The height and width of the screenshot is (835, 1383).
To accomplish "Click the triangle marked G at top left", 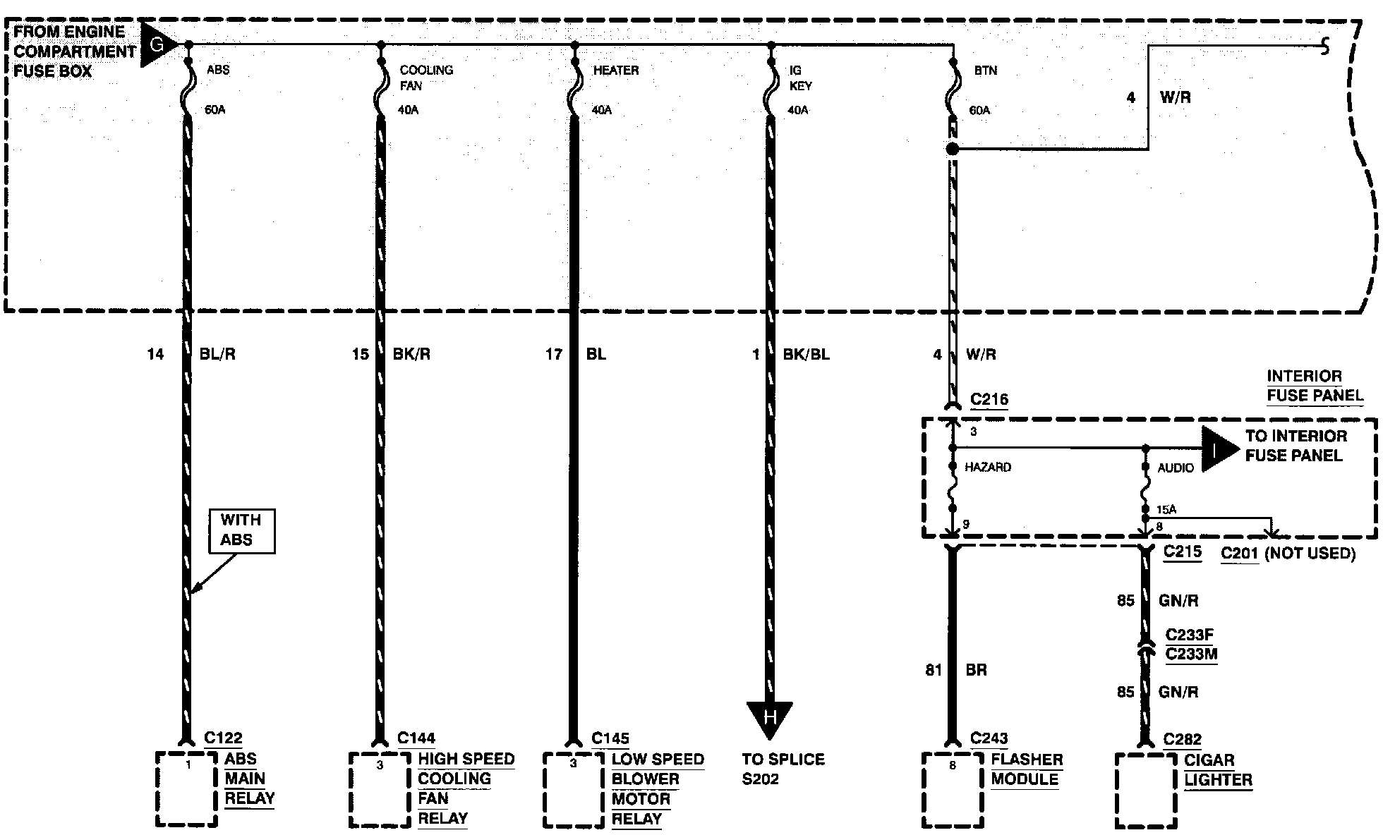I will tap(157, 44).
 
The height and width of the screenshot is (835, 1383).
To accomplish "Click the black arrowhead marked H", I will tap(770, 719).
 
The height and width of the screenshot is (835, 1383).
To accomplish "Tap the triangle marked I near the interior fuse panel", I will tap(1218, 448).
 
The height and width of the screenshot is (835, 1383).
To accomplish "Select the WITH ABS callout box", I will tap(241, 530).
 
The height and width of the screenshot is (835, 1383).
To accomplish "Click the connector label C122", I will tap(223, 738).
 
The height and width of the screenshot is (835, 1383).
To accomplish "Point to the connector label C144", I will tap(416, 738).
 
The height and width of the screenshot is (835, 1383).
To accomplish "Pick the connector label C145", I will tap(610, 738).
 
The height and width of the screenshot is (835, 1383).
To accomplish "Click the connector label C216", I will tap(989, 399).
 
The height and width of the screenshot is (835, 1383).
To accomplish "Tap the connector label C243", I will tap(989, 738).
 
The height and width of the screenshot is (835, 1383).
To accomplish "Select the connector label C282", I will tap(1183, 739).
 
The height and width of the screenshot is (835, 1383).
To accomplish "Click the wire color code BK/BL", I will tap(806, 354).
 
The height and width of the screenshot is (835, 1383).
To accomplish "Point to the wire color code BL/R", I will tap(217, 354).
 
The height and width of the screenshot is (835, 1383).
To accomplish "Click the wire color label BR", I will tap(976, 670).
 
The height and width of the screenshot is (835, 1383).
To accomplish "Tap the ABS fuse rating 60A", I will tap(215, 110).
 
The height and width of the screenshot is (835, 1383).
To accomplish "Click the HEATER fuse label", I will tap(615, 71).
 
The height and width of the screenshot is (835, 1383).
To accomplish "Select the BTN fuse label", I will tap(986, 71).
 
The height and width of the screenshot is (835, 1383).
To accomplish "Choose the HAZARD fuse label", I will tap(988, 467).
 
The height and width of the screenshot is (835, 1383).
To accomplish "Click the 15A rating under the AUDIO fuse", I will tap(1166, 509).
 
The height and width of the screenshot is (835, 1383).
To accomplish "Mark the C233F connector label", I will tap(1190, 635).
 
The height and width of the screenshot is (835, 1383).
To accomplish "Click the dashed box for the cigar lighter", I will tap(1145, 791).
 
